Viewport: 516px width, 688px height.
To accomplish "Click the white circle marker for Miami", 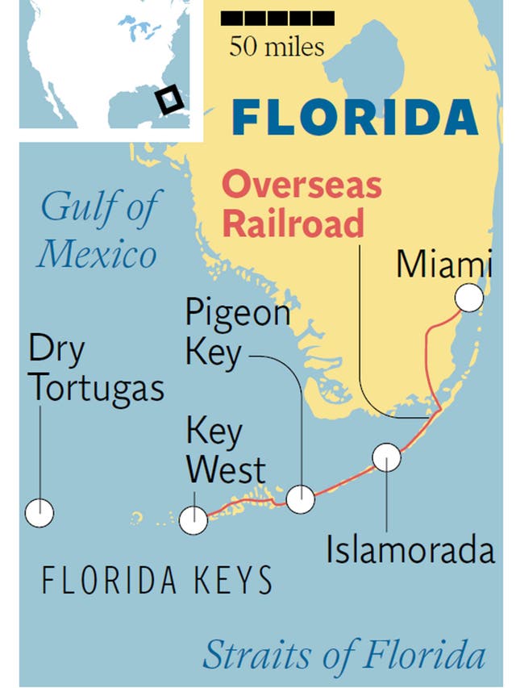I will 468,298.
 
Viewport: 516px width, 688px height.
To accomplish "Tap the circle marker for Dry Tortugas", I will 40,512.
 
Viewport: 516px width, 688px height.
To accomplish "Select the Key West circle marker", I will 193,520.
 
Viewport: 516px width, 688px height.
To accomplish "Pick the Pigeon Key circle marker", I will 301,499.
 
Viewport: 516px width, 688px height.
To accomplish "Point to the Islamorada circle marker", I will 386,457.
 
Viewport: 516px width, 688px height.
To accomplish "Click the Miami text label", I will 444,265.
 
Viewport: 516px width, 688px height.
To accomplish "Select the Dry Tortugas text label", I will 96,370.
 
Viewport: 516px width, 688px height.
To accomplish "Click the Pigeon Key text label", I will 237,331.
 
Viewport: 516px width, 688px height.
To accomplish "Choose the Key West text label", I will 226,450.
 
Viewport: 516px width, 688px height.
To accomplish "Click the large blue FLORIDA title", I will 355,118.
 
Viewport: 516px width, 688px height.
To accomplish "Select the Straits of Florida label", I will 344,655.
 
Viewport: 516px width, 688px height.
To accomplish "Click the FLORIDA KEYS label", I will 156,580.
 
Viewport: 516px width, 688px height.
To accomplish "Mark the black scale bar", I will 277,17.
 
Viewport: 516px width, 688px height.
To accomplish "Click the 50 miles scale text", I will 277,46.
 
